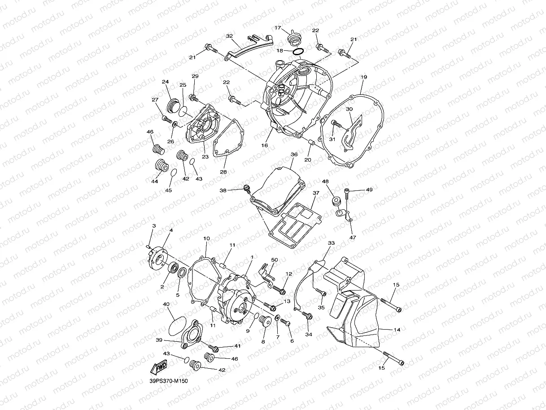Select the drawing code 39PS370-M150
[169, 381]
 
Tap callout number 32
[229, 35]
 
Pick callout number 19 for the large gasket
[363, 77]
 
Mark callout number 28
[223, 172]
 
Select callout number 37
[316, 193]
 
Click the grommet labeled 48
[335, 201]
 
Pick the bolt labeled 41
[214, 348]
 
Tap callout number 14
[397, 330]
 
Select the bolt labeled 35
[321, 292]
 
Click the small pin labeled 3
[148, 245]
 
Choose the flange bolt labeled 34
[307, 316]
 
